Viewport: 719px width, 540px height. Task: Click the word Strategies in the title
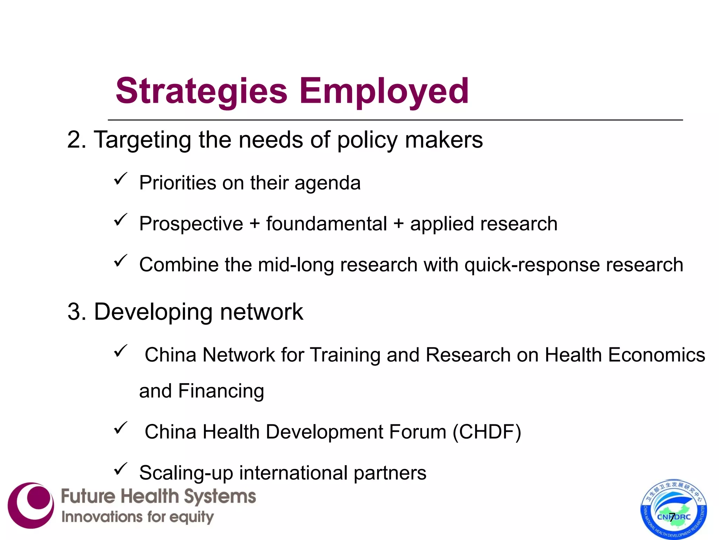202,91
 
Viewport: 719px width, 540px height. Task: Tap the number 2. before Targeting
77,140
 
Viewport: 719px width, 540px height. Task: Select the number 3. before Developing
77,312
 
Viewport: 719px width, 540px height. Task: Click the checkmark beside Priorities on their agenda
120,179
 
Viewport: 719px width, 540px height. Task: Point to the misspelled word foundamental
326,224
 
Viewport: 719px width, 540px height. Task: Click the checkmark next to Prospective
120,220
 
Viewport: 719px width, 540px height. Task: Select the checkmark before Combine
120,261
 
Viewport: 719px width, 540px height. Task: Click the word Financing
221,391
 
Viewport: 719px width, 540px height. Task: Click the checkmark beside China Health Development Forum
120,428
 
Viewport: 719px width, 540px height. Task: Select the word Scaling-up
186,473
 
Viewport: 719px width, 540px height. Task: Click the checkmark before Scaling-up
120,469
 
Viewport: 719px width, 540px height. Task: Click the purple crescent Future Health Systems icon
31,505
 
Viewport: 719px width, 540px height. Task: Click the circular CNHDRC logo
674,509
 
